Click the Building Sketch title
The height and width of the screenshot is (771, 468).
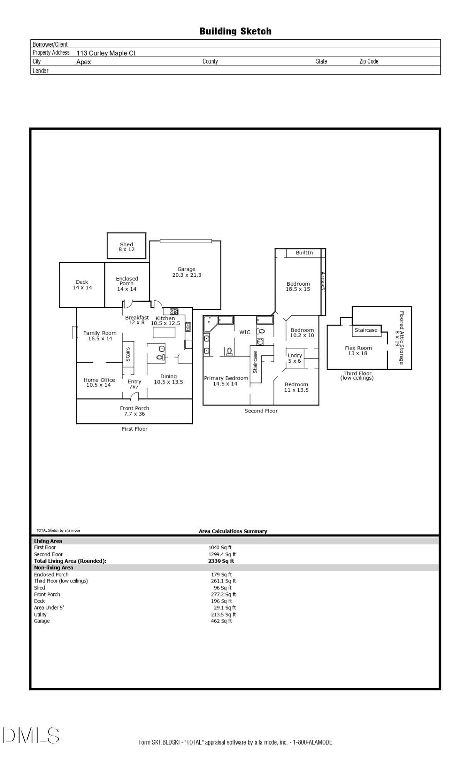coord(235,31)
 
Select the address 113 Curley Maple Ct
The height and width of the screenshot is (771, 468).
coord(106,53)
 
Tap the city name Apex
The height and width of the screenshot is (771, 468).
coord(84,62)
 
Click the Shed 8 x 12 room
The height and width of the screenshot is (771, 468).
coord(126,247)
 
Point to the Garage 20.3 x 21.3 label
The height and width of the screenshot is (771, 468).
coord(187,272)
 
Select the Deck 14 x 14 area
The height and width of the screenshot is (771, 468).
coord(82,285)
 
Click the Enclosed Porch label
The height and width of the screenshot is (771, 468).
coord(127,283)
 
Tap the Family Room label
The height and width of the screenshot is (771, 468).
coord(100,335)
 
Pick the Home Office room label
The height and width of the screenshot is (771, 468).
coord(99,382)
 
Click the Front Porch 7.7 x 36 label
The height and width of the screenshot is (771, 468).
coord(135,411)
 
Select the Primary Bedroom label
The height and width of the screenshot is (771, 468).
coord(226,381)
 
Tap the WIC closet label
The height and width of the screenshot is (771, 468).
coord(245,332)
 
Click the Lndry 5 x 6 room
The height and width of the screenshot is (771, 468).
coord(295,358)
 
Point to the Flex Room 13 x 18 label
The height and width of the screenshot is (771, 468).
coord(358,350)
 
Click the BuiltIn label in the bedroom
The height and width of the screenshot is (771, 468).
coord(304,253)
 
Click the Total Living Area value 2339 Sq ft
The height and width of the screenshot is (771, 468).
coord(221,561)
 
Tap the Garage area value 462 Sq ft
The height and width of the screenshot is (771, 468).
coord(221,621)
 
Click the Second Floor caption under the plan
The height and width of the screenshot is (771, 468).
coord(261,411)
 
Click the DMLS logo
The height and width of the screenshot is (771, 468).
coord(31,735)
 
